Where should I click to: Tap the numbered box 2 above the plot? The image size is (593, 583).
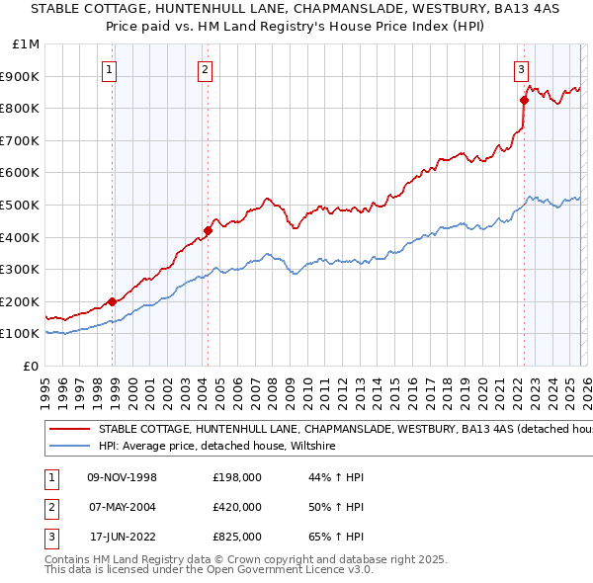204,69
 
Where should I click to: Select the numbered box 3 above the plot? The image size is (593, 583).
520,69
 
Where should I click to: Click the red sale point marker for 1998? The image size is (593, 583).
113,301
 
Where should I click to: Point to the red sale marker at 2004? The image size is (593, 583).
208,230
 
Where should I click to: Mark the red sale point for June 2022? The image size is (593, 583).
524,100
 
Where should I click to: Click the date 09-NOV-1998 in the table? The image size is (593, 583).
123,477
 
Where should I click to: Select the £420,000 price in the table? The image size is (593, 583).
237,507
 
